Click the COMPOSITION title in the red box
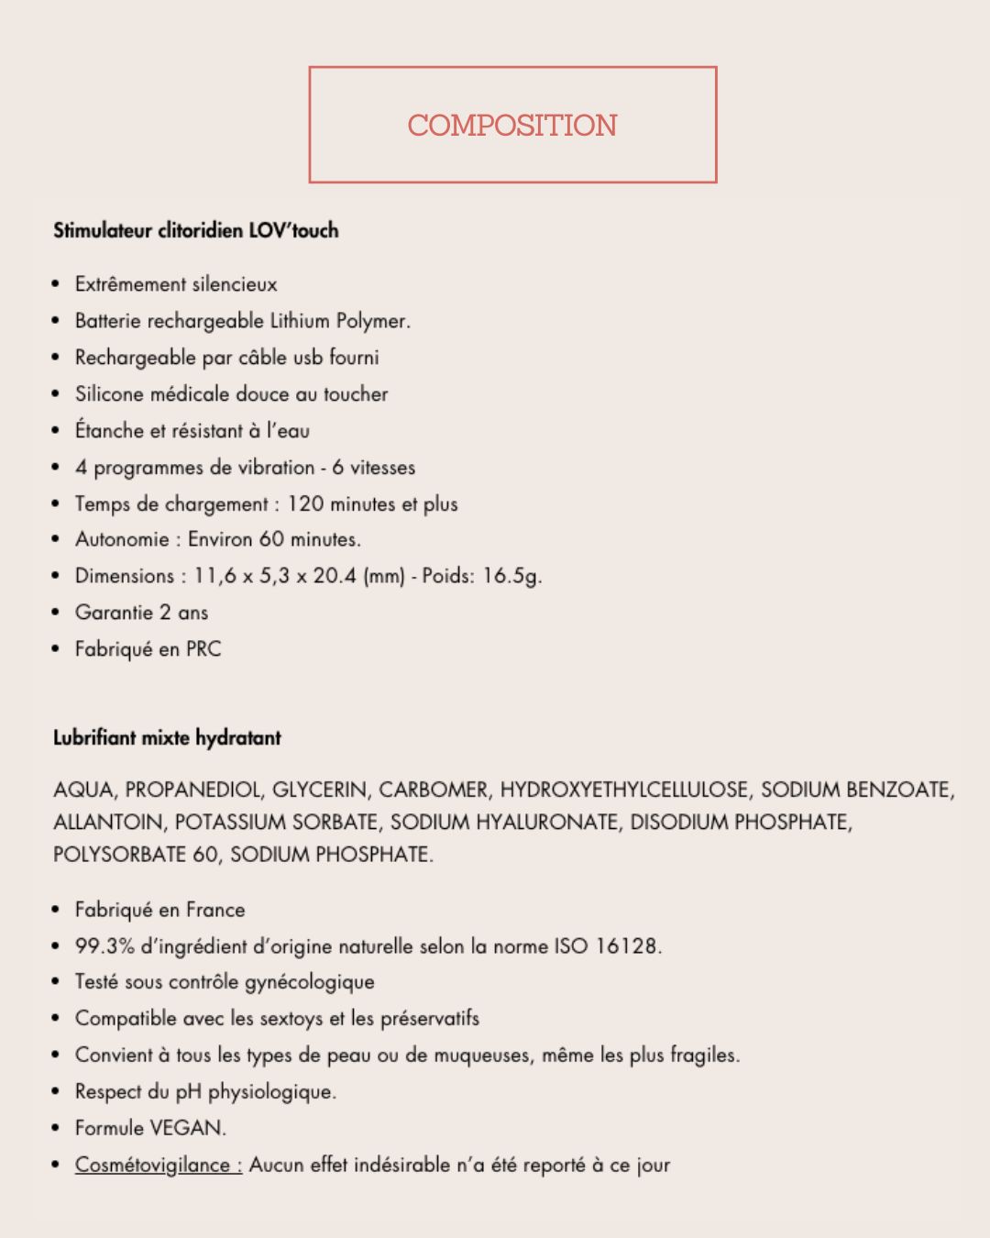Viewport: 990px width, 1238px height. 512,126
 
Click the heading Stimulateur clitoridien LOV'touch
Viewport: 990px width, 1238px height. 195,230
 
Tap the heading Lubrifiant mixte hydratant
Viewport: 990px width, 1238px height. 167,738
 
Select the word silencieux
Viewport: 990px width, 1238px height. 234,284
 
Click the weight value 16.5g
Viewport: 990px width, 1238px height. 511,576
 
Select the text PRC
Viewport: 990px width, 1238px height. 203,649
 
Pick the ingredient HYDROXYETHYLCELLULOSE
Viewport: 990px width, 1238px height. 623,790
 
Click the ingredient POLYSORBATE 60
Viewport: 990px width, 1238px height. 135,855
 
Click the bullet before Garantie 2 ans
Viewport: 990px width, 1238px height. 57,613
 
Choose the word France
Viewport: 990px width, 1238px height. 215,910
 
